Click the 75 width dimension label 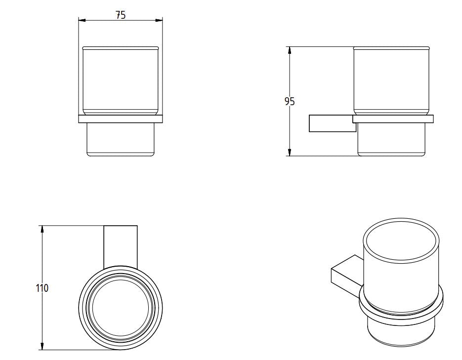pos(121,15)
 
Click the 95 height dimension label pos(290,102)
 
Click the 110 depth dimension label pos(42,288)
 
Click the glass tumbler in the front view pos(121,81)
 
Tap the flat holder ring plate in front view pos(121,119)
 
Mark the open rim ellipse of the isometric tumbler pos(401,241)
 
